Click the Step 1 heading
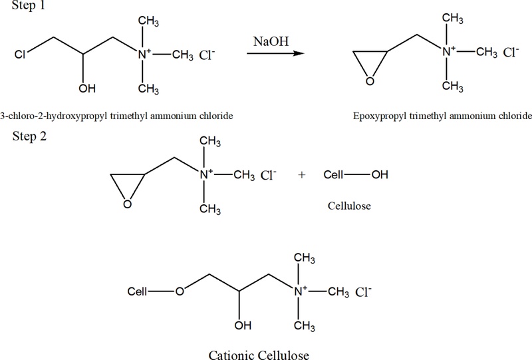point(28,5)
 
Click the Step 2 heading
point(29,136)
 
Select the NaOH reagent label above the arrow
point(271,41)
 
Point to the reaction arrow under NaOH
point(275,53)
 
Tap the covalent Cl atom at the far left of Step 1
point(20,55)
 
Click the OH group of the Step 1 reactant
point(87,89)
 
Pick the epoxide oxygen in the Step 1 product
point(370,81)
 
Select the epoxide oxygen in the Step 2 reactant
point(128,204)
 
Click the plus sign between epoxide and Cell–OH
point(302,174)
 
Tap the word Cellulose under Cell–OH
point(349,206)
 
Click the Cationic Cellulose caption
point(259,355)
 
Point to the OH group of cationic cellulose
point(243,325)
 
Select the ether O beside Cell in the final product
point(180,291)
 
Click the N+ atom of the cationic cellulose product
point(300,291)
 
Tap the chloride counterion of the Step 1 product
point(511,53)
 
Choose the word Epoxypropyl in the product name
point(380,116)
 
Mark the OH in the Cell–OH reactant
point(380,174)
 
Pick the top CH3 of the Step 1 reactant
point(148,21)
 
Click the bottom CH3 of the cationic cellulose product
point(305,326)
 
